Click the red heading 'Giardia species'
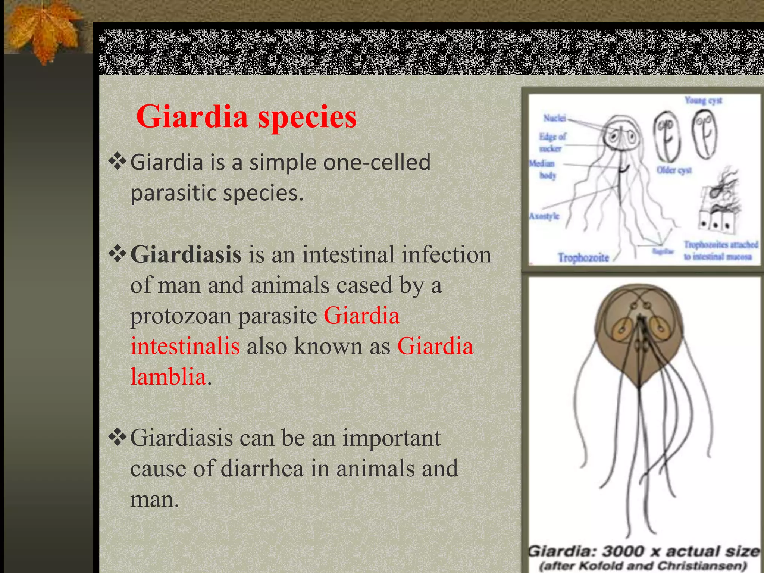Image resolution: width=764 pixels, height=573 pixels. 246,117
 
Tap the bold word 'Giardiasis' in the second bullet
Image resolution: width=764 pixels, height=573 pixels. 186,255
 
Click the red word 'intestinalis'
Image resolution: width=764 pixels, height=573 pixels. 185,346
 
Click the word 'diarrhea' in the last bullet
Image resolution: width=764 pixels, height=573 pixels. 262,469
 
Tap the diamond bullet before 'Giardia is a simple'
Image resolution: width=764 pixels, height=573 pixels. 118,162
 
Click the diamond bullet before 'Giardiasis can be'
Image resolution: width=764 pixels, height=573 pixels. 118,437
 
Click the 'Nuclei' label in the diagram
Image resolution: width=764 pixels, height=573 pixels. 554,118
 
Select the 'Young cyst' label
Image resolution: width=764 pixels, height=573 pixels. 703,100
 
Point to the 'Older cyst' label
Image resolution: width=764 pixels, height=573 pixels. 674,170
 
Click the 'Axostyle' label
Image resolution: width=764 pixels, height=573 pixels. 544,216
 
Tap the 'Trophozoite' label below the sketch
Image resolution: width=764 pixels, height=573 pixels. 583,257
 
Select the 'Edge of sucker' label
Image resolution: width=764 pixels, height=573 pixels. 552,142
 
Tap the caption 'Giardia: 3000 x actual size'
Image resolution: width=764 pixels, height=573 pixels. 643,551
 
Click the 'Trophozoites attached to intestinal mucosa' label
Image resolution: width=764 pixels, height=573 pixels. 720,250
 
